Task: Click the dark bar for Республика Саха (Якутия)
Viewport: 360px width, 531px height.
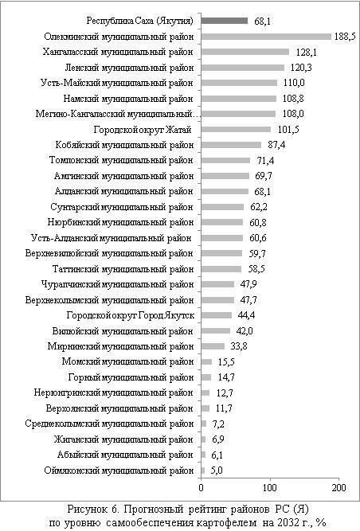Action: [225, 21]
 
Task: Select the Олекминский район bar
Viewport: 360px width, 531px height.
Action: [266, 37]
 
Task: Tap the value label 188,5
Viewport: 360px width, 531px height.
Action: [345, 37]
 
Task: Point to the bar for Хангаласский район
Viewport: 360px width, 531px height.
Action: [245, 52]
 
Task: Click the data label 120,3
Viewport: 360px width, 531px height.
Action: [301, 68]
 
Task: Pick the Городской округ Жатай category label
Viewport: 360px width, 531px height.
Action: [143, 130]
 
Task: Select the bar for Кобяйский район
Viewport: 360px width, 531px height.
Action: [231, 145]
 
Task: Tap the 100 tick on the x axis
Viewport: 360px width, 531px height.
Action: [270, 487]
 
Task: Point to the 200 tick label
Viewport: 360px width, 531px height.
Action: [339, 487]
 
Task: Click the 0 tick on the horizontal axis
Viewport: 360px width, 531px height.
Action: [202, 487]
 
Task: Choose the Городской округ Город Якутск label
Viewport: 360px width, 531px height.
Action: [131, 315]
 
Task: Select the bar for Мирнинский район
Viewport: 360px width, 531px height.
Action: [213, 346]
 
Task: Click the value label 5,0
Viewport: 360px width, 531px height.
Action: [216, 470]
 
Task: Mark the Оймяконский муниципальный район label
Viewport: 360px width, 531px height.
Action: [119, 470]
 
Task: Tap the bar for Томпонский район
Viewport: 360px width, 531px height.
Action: [225, 161]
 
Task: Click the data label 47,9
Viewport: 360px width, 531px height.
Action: [248, 284]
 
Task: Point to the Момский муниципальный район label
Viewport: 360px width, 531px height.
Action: [127, 361]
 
